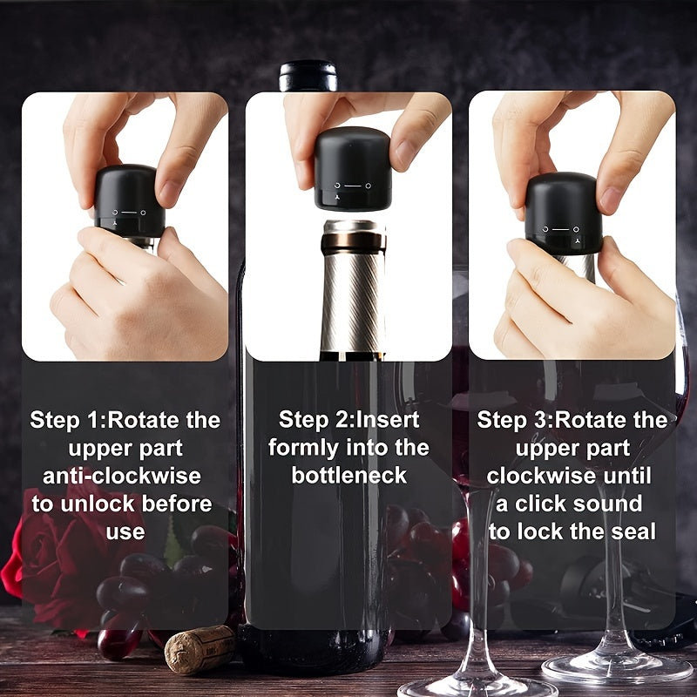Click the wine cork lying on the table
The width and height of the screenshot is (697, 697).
(200, 649)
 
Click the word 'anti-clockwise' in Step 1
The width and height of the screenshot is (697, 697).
(122, 476)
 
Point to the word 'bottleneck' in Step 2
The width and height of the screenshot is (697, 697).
(348, 476)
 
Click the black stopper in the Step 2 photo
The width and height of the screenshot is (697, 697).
(352, 168)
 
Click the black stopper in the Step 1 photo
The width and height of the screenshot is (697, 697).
(129, 200)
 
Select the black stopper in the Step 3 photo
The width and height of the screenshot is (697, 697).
(563, 213)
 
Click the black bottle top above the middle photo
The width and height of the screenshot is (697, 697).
(308, 75)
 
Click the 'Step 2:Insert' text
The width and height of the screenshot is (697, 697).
(348, 420)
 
